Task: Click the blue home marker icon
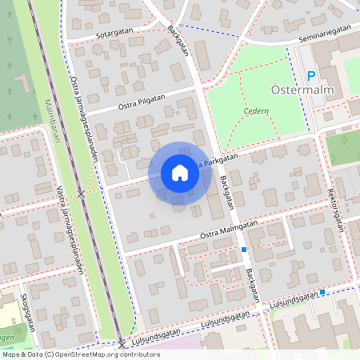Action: click(179, 173)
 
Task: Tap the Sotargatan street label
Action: click(114, 34)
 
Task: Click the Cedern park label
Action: click(257, 111)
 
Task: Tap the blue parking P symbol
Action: click(311, 77)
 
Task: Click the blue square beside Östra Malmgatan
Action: click(243, 250)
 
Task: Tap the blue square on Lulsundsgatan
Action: click(322, 292)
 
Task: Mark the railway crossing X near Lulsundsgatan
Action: click(122, 345)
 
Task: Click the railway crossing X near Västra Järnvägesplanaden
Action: click(81, 194)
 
